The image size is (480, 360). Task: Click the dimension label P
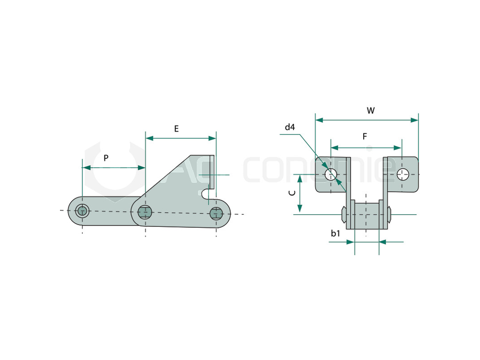coord(106,158)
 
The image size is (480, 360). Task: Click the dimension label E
coord(176,129)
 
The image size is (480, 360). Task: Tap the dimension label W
coord(371,111)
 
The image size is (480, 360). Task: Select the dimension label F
coord(365,136)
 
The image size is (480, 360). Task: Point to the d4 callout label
coord(290,127)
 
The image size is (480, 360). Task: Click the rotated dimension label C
coord(292,193)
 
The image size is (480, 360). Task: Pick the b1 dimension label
coord(336,233)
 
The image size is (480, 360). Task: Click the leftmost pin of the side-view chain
coord(82,211)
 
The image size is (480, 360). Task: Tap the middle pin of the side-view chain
coord(145,212)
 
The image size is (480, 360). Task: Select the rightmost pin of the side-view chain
coord(217,213)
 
